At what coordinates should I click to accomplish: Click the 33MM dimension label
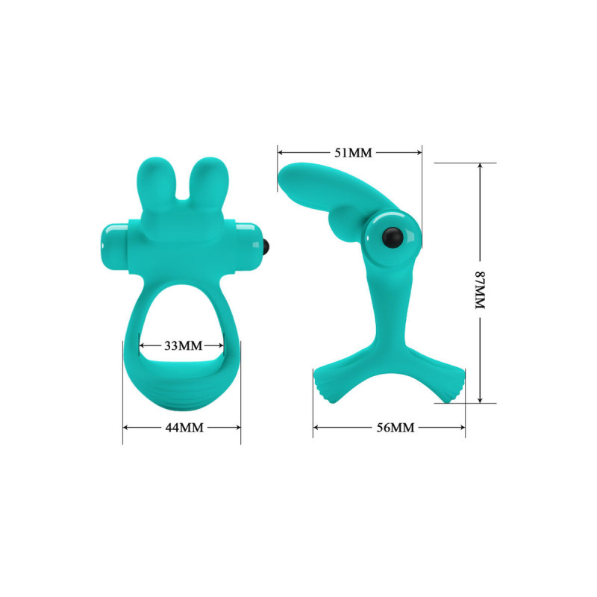pos(183,346)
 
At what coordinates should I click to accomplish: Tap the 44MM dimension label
pos(184,428)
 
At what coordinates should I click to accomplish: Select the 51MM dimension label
pos(353,153)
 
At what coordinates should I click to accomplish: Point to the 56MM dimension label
pos(396,428)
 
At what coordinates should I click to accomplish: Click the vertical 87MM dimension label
pos(480,290)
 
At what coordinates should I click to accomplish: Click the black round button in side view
pos(393,237)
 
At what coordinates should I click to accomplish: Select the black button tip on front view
pos(267,248)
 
